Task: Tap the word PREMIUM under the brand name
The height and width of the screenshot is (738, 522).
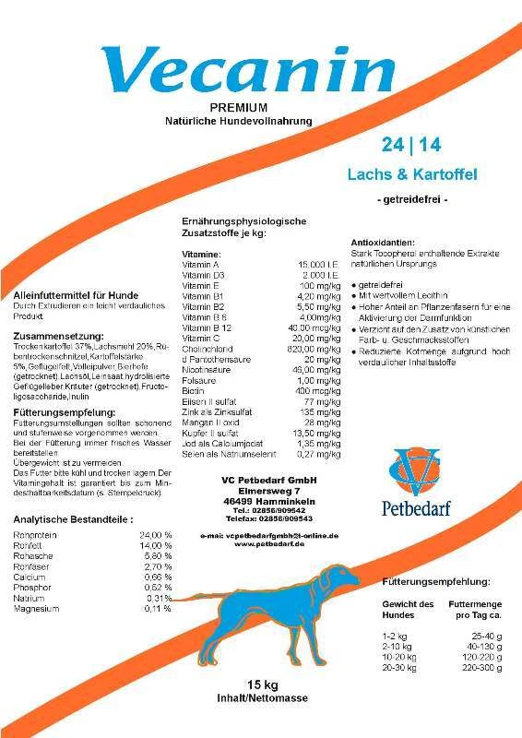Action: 239,108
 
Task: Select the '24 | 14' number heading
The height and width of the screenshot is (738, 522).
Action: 411,145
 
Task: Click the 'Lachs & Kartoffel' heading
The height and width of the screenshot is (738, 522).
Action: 412,173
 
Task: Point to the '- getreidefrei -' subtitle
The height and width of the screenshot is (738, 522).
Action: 412,199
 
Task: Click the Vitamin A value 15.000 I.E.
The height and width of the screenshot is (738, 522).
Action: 322,264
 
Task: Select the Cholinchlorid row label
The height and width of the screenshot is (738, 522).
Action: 208,350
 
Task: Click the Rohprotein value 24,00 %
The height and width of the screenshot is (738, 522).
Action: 155,535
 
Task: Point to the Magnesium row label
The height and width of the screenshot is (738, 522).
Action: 37,609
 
